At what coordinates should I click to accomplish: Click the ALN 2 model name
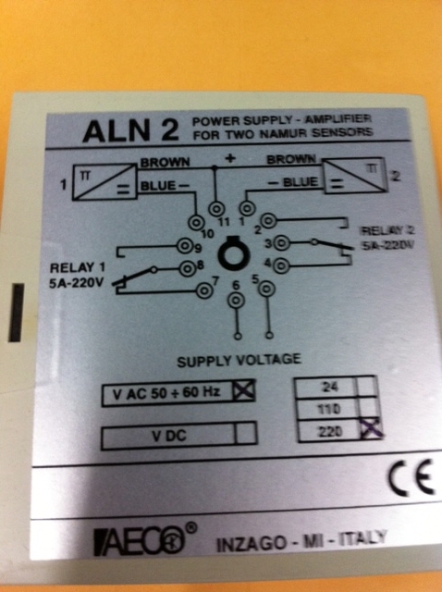[x=130, y=130]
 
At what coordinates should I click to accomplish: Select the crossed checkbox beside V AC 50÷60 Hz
[x=243, y=391]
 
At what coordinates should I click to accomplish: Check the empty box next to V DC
[x=245, y=434]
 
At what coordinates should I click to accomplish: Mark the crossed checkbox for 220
[x=370, y=430]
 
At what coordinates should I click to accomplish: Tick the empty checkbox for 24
[x=366, y=387]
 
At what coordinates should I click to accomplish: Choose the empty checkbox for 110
[x=367, y=408]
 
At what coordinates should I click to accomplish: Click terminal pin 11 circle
[x=217, y=208]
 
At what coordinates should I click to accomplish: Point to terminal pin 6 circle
[x=236, y=301]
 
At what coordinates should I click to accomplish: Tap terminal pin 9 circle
[x=185, y=247]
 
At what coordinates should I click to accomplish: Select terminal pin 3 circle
[x=282, y=242]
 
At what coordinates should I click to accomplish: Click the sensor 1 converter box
[x=104, y=182]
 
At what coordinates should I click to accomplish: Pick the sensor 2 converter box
[x=355, y=176]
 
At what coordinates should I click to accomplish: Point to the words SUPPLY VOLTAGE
[x=239, y=360]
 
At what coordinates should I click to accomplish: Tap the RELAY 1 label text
[x=78, y=268]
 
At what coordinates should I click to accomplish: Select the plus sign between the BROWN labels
[x=230, y=158]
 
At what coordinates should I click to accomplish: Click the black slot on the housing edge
[x=16, y=313]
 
